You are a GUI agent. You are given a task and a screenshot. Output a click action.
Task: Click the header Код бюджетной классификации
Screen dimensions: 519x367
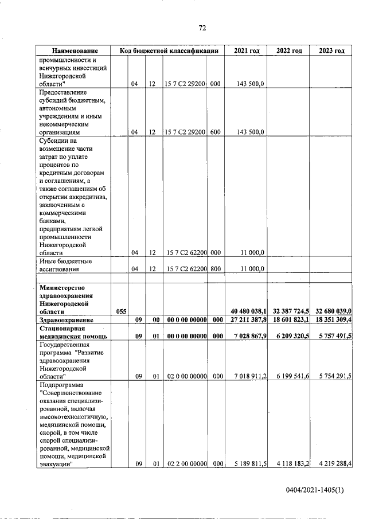click(x=169, y=51)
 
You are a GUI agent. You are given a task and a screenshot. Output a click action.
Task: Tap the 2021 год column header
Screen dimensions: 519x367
click(x=247, y=51)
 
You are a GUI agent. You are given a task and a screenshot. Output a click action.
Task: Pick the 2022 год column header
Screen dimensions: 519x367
click(x=289, y=51)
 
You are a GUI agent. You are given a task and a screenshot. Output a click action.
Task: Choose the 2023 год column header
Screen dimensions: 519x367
click(x=331, y=51)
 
